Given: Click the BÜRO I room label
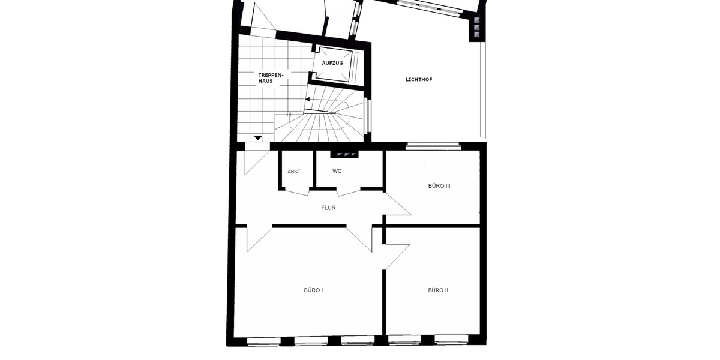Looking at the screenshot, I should point(313,290).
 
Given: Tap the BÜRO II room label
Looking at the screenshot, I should point(438,290).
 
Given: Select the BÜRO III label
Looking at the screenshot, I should point(439,186).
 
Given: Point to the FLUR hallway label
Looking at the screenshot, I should point(328,208).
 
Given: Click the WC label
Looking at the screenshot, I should point(337,171).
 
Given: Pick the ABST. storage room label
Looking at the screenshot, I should point(294,172).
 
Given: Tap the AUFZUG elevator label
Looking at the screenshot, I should point(332,63).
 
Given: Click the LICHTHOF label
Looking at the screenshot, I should point(419,79).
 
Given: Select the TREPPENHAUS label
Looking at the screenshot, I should point(266,77).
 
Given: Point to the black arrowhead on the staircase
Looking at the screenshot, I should point(308,99).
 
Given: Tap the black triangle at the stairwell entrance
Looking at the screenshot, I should point(258,139).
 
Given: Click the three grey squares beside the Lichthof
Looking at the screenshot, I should point(477,28).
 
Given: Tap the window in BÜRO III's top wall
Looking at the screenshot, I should point(433,145).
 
